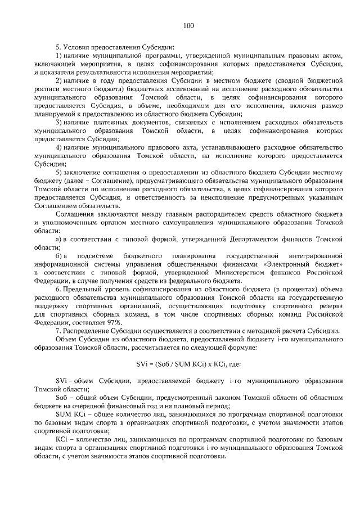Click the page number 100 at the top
click(188, 25)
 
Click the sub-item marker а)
click(58, 240)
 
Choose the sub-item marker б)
click(58, 255)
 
